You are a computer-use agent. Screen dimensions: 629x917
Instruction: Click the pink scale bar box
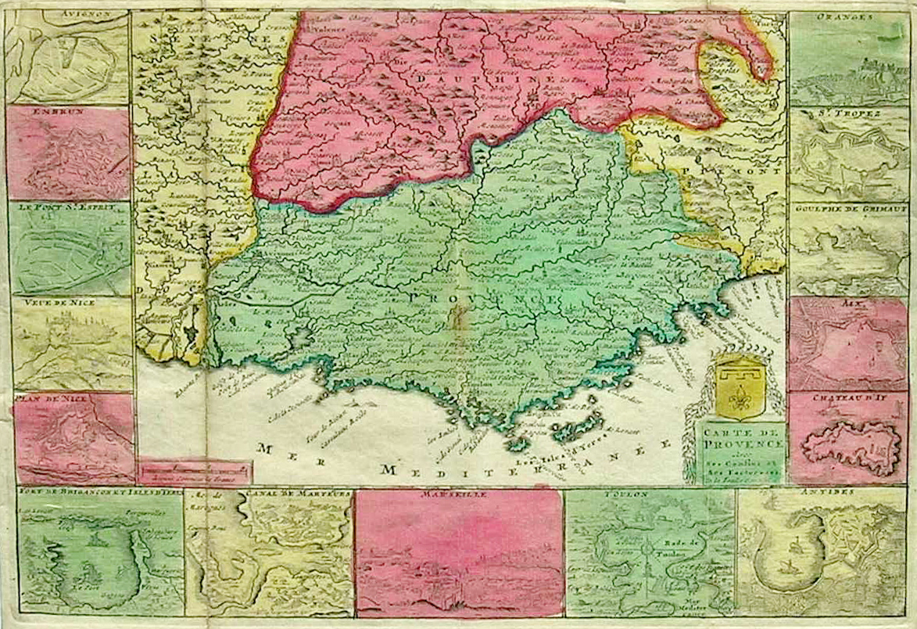(195, 473)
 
